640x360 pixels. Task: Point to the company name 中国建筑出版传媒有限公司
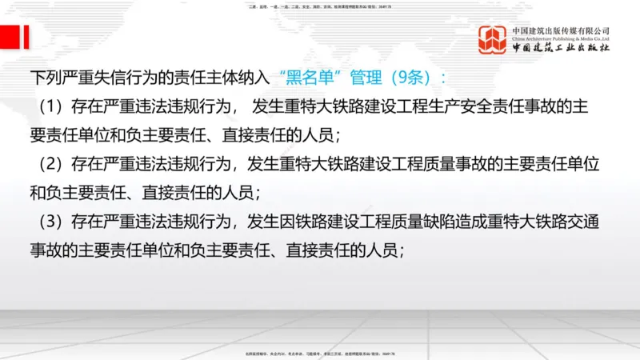[561, 29]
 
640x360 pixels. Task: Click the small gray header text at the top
[320, 6]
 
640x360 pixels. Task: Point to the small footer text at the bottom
[320, 353]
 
